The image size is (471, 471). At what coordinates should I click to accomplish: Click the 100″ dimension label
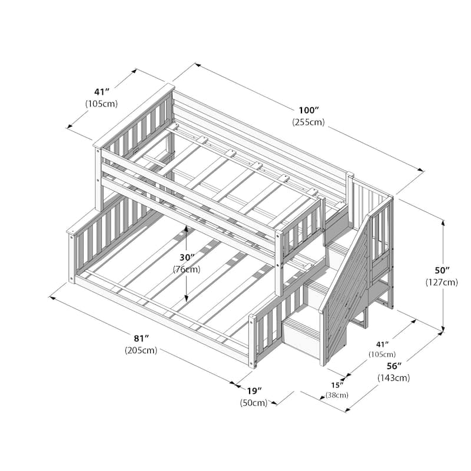(309, 111)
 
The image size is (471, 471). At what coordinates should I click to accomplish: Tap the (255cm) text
(308, 122)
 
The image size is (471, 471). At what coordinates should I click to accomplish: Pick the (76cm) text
(186, 270)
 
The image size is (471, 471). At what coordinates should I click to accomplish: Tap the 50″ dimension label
(441, 270)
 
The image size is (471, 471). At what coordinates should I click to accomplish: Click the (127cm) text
(441, 282)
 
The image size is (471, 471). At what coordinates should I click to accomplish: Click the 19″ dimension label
(254, 391)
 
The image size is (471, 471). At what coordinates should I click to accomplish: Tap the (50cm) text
(254, 403)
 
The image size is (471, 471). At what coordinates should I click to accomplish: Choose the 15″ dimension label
(337, 385)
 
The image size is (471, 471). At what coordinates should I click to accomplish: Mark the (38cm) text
(337, 395)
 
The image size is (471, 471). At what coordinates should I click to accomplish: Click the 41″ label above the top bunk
(102, 92)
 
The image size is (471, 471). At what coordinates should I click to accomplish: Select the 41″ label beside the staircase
(382, 344)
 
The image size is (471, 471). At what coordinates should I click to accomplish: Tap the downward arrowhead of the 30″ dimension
(186, 299)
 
